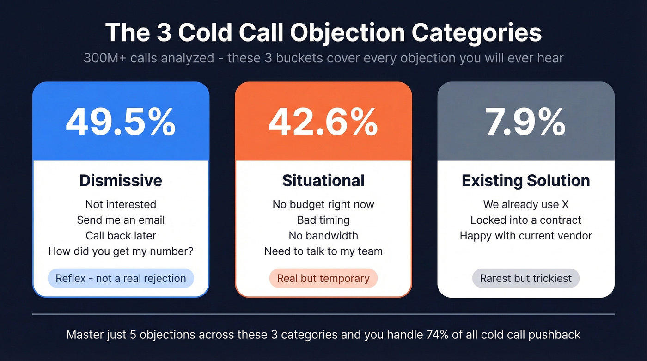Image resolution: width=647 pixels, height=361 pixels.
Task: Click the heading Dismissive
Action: click(121, 180)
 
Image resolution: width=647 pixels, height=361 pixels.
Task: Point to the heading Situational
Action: click(323, 180)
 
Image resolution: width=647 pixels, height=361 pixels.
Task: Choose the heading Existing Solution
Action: click(525, 180)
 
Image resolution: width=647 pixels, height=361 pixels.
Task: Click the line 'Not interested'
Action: click(121, 204)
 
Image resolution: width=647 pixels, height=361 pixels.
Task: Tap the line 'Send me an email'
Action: click(121, 220)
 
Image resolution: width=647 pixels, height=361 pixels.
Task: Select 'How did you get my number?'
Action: click(121, 251)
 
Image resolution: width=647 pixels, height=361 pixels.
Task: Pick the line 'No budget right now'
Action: click(323, 204)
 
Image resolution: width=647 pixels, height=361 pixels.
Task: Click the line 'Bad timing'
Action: click(323, 220)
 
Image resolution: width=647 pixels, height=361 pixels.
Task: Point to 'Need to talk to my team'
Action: click(323, 251)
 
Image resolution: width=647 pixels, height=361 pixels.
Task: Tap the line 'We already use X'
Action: click(525, 204)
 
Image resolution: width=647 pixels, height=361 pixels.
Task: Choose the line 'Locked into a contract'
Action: click(525, 220)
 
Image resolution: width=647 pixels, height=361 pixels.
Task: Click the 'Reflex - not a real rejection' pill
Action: click(121, 278)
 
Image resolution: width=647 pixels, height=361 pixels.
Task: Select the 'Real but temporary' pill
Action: click(323, 278)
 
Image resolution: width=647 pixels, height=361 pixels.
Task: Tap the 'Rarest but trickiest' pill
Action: click(525, 278)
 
